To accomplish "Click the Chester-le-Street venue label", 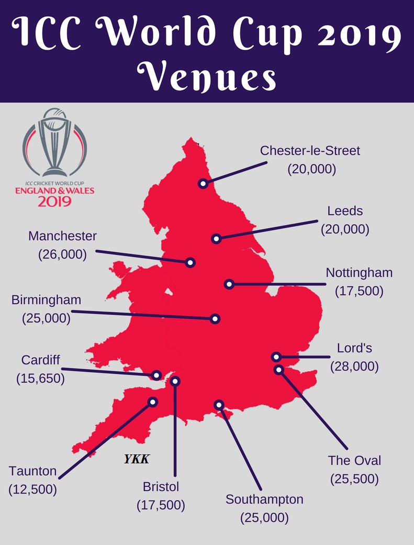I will [x=310, y=151].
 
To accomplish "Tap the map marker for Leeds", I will [x=216, y=239].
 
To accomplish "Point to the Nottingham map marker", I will [x=229, y=284].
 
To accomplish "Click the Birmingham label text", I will [x=47, y=300].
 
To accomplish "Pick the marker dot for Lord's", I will [x=276, y=357].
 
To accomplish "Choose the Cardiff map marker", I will [x=156, y=375].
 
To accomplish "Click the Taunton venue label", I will [x=32, y=471].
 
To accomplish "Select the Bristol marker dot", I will [x=175, y=381].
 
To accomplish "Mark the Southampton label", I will [x=264, y=499].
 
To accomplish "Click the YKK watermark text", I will [x=137, y=460].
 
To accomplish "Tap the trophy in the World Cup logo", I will [x=54, y=141].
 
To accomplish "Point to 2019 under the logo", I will [x=54, y=201].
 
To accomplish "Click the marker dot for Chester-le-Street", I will [x=203, y=183].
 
